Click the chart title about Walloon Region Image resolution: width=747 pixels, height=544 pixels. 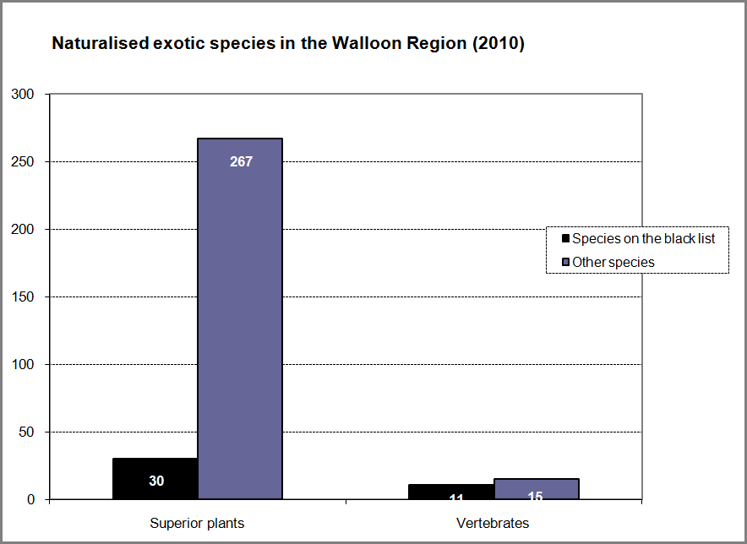[288, 44]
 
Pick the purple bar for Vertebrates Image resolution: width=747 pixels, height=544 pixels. [536, 489]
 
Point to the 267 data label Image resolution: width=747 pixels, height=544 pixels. [241, 160]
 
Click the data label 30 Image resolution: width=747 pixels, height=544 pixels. [156, 481]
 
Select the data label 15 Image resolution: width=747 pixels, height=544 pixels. [536, 496]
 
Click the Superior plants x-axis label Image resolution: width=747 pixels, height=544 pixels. [197, 524]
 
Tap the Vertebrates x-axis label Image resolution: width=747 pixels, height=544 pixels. [493, 524]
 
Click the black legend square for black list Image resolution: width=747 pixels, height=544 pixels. [565, 239]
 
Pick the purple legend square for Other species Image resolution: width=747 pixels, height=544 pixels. [565, 262]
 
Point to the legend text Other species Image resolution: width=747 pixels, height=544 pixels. [613, 262]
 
